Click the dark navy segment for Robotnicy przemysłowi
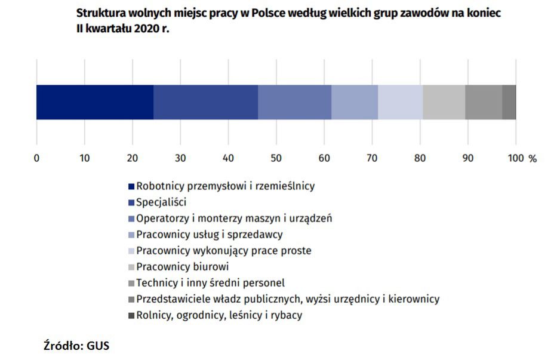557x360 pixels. pyautogui.click(x=95, y=102)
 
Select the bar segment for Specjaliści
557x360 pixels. pyautogui.click(x=205, y=102)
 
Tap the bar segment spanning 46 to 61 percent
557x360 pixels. pyautogui.click(x=294, y=102)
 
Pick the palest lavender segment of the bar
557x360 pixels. pyautogui.click(x=400, y=102)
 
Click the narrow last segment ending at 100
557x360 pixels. pyautogui.click(x=509, y=102)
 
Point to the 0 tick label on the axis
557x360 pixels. pyautogui.click(x=36, y=158)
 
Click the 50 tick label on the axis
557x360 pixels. pyautogui.click(x=276, y=158)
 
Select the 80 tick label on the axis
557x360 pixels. pyautogui.click(x=420, y=158)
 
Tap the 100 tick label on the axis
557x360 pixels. pyautogui.click(x=514, y=158)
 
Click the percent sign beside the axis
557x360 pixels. pyautogui.click(x=533, y=158)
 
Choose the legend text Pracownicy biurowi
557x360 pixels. pyautogui.click(x=182, y=267)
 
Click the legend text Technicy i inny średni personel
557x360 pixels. pyautogui.click(x=210, y=283)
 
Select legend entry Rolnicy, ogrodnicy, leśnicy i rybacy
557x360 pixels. pyautogui.click(x=219, y=315)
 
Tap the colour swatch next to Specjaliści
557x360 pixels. pyautogui.click(x=131, y=202)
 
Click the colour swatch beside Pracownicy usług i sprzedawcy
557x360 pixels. pyautogui.click(x=131, y=235)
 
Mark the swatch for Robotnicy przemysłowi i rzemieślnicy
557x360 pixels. pyautogui.click(x=131, y=186)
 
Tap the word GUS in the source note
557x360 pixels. pyautogui.click(x=99, y=346)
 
